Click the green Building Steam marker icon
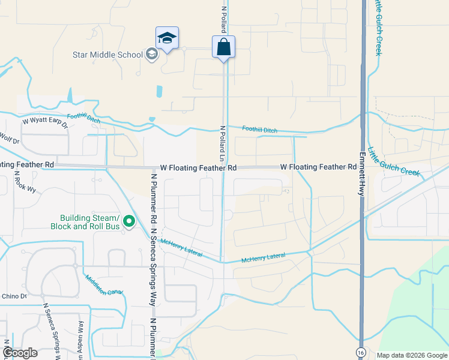point(128,223)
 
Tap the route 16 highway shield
point(360,351)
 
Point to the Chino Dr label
point(14,296)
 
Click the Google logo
point(20,353)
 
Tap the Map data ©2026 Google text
point(411,355)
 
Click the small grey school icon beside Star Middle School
point(151,55)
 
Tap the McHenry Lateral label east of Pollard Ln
point(263,258)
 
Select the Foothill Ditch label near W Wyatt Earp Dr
point(83,118)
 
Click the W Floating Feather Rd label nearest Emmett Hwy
point(318,167)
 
